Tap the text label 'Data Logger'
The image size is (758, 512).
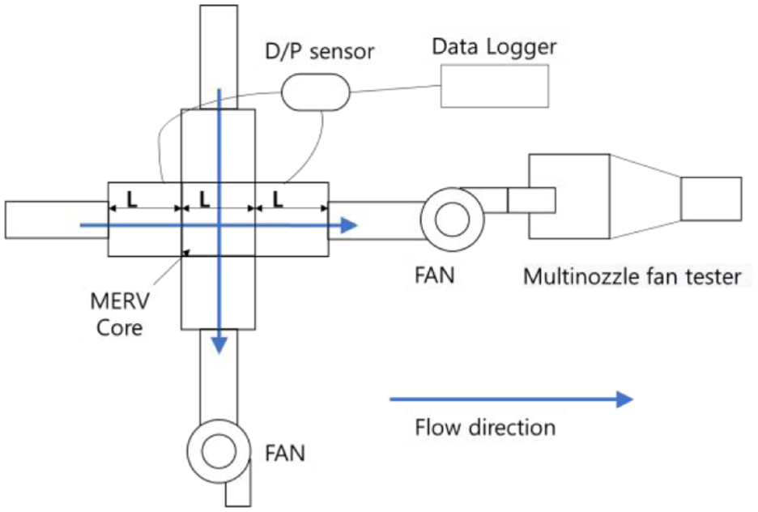coord(494,46)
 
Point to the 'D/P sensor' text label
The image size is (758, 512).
coord(320,51)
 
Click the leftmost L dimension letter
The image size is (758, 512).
coord(131,199)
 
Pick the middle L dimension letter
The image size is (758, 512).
coord(205,199)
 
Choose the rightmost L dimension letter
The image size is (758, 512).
coord(278,199)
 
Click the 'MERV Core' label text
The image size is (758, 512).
coord(120,314)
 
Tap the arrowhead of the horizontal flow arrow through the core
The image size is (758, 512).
coord(348,225)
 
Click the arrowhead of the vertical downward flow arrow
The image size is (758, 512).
coord(219,345)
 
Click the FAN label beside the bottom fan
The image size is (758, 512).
coord(285,454)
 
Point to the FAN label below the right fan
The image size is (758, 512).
coord(435,275)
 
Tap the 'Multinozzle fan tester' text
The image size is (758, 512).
coord(632,277)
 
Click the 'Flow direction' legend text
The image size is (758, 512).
coord(485,428)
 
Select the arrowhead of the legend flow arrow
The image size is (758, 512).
coord(624,399)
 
